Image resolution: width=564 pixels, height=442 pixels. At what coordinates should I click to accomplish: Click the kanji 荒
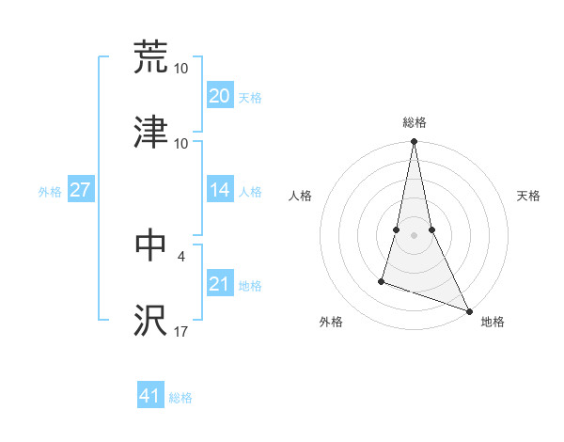coord(150,57)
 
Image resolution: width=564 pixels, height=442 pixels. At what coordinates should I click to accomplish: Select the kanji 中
coord(150,245)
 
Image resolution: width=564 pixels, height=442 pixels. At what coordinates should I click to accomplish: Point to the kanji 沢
coord(150,320)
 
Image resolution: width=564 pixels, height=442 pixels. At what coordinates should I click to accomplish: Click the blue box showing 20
coord(219,96)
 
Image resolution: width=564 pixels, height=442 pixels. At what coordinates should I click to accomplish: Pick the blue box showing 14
coord(219,190)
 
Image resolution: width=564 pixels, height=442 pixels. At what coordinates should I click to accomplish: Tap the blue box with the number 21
coord(219,284)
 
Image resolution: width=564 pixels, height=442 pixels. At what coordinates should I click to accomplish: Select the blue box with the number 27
coord(80,190)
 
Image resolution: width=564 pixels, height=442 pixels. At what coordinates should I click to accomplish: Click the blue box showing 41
coord(150,396)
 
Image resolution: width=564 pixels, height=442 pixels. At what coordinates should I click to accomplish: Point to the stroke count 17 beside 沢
coord(181,332)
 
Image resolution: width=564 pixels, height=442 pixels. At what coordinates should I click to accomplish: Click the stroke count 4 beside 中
coord(181,254)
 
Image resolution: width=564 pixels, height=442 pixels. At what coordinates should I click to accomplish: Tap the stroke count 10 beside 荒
coord(181,69)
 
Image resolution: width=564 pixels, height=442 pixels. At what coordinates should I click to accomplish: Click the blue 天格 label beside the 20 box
coord(250,98)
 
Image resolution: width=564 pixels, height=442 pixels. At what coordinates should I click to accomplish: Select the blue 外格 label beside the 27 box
coord(50,192)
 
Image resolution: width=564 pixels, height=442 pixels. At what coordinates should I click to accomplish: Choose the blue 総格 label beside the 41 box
coord(180,398)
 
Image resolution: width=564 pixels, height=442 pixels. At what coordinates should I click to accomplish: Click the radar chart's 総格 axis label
coord(415,122)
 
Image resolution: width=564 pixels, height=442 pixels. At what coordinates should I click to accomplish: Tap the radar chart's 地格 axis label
coord(493,322)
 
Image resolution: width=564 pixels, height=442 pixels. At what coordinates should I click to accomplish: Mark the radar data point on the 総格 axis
coord(414,142)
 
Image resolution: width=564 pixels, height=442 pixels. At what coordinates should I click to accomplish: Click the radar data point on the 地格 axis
coord(468,309)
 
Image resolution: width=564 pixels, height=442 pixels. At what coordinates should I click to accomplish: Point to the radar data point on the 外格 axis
coord(382,280)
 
